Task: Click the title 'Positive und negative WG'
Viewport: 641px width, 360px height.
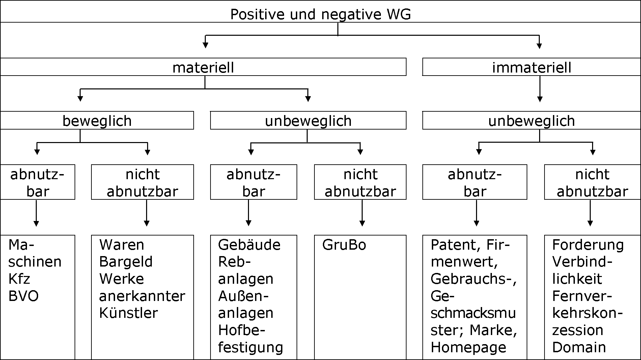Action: [320, 15]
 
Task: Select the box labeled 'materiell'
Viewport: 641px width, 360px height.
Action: [203, 67]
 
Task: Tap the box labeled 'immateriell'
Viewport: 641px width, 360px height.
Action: [532, 67]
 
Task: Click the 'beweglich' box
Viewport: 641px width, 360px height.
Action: [97, 121]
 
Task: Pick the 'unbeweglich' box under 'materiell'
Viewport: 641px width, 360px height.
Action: [308, 121]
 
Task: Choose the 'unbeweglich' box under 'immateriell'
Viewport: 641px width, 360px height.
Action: [531, 121]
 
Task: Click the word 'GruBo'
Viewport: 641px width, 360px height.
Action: [344, 245]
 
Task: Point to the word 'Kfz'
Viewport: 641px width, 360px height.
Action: [19, 279]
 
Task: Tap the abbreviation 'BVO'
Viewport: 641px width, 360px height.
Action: [23, 296]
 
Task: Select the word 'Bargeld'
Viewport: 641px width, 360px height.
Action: [126, 262]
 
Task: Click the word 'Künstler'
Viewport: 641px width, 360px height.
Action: [128, 313]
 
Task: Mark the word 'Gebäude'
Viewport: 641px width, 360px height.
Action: [249, 245]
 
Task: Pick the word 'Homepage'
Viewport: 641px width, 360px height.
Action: [468, 347]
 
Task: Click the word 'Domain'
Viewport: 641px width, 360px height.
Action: [579, 347]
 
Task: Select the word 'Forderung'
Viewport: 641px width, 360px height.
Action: [588, 245]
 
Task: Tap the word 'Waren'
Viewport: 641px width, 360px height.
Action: [121, 245]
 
